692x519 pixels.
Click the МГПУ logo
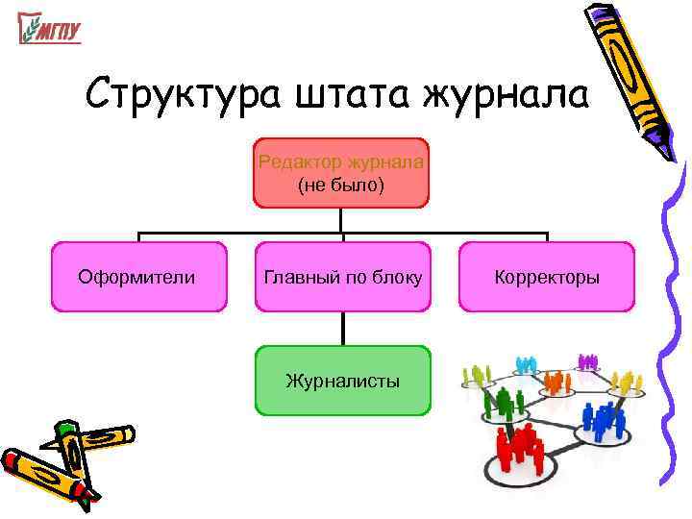49,29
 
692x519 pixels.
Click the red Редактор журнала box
341,173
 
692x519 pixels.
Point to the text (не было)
341,185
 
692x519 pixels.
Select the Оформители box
138,277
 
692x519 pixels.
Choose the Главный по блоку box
342,277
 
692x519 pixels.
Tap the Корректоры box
546,277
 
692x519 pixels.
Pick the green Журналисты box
342,381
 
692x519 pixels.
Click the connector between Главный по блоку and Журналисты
342,329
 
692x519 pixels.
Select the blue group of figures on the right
604,421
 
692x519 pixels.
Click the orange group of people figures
555,383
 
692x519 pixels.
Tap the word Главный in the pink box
295,277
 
